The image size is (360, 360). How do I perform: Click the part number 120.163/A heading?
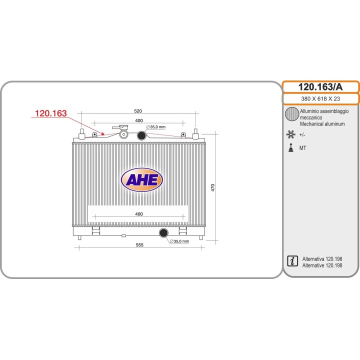320,87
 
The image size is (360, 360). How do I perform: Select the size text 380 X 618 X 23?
320,98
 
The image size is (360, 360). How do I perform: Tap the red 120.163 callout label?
50,113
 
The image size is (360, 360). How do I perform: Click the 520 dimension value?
138,111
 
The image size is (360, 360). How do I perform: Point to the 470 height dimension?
213,187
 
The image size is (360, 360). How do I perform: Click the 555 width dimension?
139,244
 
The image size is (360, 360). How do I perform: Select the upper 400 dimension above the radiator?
139,120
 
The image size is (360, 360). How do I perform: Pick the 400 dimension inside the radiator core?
139,214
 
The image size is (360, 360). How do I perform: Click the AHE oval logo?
142,179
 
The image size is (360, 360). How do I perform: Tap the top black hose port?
141,135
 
